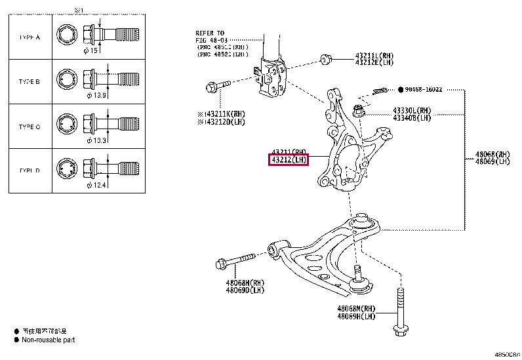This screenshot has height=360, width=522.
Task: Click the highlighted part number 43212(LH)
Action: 289,160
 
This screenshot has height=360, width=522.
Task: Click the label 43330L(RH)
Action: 412,110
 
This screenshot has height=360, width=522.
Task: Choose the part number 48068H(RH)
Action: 228,283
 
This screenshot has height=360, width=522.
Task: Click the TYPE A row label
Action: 30,37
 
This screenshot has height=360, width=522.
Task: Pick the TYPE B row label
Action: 30,82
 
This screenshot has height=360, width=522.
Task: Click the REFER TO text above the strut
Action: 210,33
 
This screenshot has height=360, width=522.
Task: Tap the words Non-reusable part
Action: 49,340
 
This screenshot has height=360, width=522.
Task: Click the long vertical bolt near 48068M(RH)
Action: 399,311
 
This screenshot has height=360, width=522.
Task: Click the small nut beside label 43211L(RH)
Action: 325,60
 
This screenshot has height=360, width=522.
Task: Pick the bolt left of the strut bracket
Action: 217,85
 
